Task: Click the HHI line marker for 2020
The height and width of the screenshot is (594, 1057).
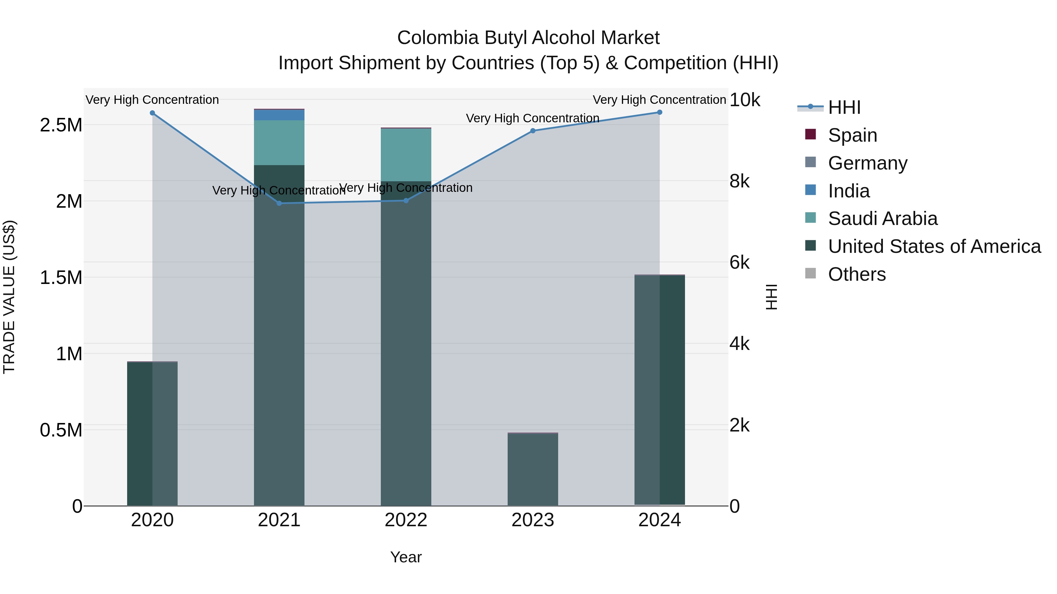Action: (152, 113)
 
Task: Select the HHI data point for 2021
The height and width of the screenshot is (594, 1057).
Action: (279, 203)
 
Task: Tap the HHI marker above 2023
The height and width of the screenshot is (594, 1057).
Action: (533, 131)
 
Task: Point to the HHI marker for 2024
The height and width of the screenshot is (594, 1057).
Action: (659, 112)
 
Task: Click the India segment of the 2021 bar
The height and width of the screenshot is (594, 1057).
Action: (279, 115)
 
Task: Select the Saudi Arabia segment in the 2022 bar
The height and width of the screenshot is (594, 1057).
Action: (406, 155)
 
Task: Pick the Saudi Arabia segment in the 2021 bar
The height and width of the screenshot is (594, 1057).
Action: (279, 143)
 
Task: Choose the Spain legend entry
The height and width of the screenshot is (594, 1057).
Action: (852, 135)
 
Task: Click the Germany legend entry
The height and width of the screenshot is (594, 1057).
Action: (867, 163)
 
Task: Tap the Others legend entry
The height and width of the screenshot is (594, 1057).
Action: (856, 274)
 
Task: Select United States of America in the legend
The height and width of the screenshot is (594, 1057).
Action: (934, 246)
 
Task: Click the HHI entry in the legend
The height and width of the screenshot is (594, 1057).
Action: (844, 107)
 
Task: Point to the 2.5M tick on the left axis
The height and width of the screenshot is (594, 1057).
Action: (61, 125)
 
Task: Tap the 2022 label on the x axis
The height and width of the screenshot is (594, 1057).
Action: (406, 520)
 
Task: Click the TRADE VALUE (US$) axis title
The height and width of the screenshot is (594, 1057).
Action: (9, 297)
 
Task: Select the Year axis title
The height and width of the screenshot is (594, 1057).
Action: (406, 557)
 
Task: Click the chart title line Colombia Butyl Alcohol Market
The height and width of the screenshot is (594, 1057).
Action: (528, 38)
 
